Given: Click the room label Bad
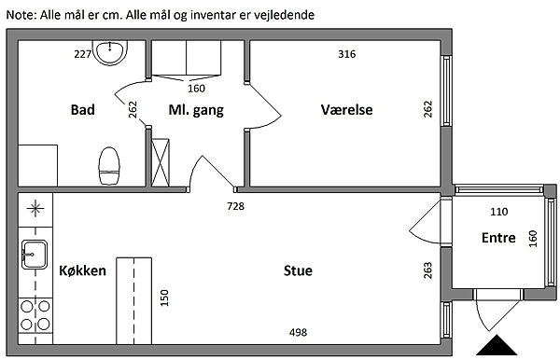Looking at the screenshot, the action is coord(82,109).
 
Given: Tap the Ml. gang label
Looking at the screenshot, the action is coord(196,110).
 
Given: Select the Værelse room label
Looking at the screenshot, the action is coord(346,109).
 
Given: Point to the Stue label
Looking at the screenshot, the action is coord(298,270).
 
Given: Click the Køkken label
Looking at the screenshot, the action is coord(82,270).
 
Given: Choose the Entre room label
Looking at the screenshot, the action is coord(498,238).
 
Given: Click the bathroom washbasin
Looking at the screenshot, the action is coord(109,52).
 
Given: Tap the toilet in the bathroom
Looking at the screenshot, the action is coord(109,166).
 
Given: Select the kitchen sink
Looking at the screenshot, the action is coord(35,255).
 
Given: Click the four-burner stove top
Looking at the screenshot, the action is coord(35,315).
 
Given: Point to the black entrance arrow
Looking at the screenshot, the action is coord(497,345).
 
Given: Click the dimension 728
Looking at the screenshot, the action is coord(236,206).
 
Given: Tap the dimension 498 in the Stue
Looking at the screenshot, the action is coord(298,333).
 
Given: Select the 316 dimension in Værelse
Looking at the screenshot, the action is coord(347,54).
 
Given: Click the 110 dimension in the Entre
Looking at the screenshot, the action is coord(499,212).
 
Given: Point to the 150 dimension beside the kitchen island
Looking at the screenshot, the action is coord(164,298).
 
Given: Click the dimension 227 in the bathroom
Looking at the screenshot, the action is coord(83,54).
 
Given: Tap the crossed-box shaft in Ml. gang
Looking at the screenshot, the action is coord(161,162).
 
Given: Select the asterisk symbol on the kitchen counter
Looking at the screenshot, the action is coord(35,208).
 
